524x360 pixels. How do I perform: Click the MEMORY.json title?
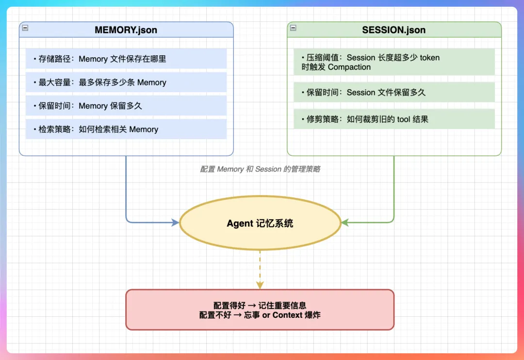click(126, 30)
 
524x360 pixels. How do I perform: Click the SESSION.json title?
click(393, 30)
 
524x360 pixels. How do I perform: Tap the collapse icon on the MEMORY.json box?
click(25, 28)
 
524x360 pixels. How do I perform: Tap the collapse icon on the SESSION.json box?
click(293, 28)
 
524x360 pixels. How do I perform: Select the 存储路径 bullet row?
click(126, 59)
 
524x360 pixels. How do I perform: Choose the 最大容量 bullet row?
click(126, 82)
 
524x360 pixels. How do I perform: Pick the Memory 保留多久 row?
click(126, 106)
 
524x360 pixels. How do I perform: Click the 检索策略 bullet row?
click(126, 130)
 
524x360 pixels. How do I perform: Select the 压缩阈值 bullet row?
click(393, 62)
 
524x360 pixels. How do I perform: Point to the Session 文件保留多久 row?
click(393, 92)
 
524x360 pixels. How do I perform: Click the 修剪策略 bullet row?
click(393, 119)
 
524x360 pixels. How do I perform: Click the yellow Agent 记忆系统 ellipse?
click(260, 224)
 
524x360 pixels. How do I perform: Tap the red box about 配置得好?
click(260, 310)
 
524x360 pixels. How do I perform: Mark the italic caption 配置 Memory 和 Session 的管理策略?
click(260, 169)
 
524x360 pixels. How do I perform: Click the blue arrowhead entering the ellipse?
click(175, 223)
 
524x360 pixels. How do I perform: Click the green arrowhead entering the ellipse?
click(345, 223)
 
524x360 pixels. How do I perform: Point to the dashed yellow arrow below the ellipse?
click(260, 269)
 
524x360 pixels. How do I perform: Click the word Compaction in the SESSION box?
click(349, 67)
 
